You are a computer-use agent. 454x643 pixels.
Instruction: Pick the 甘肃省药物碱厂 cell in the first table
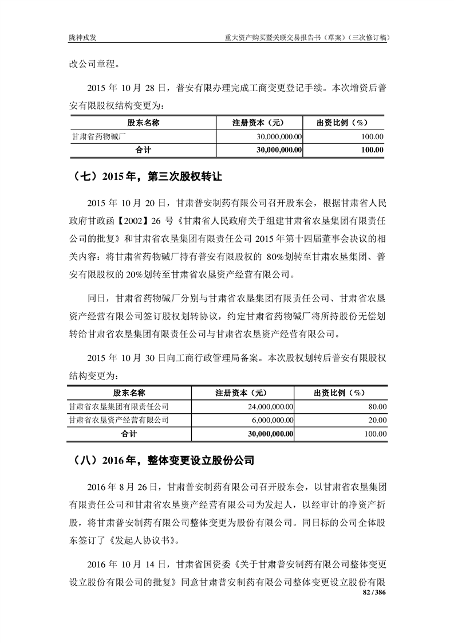(99, 136)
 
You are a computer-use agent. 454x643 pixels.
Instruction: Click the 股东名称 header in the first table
(143, 123)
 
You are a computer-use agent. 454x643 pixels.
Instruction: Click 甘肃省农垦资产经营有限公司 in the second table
(119, 420)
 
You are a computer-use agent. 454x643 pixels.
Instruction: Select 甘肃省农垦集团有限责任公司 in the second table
(119, 407)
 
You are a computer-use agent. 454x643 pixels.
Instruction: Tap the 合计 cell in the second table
(129, 434)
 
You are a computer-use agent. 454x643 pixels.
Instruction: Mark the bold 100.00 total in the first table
(372, 150)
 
